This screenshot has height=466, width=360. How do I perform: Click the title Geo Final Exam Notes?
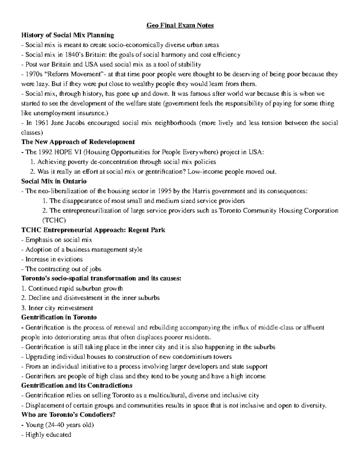pyautogui.click(x=180, y=26)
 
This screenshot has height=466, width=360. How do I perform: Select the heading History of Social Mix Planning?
pyautogui.click(x=67, y=35)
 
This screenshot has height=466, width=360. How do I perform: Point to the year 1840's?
pyautogui.click(x=71, y=55)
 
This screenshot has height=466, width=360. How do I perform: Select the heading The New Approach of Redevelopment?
pyautogui.click(x=78, y=142)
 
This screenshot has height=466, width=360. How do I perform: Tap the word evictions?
pyautogui.click(x=70, y=259)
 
